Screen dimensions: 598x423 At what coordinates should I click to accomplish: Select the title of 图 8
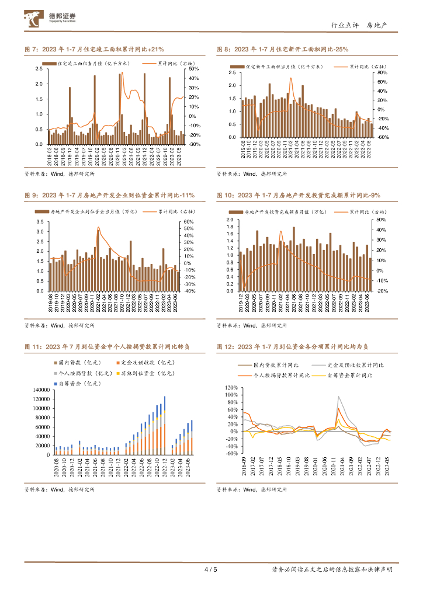pos(283,50)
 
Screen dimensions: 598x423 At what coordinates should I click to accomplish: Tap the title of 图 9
pos(109,195)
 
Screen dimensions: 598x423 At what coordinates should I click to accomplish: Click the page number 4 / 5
pos(211,569)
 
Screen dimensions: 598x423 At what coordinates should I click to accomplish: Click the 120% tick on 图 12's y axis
pos(231,387)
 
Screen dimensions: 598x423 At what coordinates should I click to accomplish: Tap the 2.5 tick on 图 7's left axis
pos(40,69)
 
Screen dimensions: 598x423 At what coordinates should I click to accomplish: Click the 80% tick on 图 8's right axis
pos(383,73)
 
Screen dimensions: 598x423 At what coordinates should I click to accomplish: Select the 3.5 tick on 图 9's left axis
pos(40,222)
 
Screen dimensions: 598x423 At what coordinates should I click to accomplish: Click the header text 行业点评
pos(343,26)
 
